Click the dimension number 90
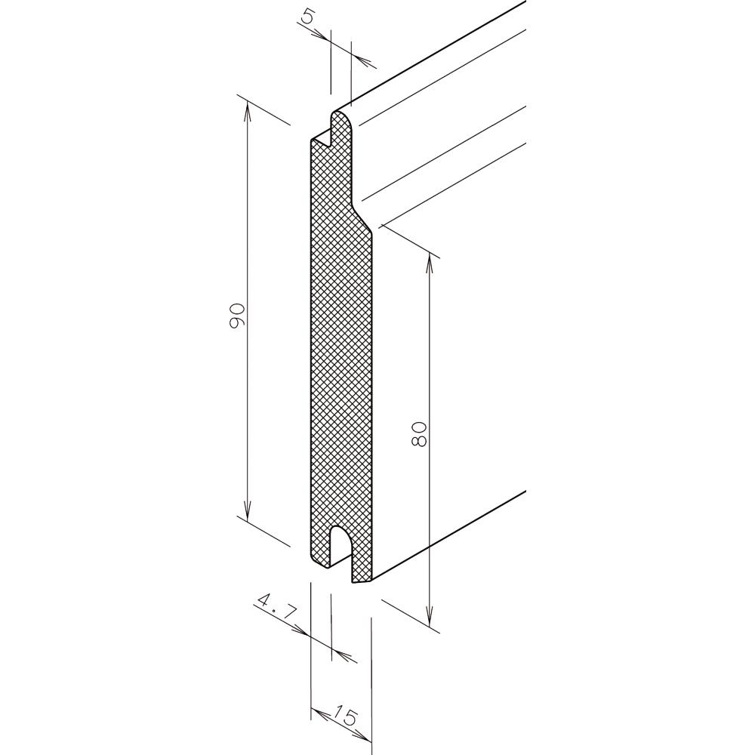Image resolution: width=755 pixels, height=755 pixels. (237, 316)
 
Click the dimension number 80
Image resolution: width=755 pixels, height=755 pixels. (420, 434)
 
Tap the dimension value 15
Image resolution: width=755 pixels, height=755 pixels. (345, 716)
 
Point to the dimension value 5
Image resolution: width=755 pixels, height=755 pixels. (307, 17)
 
